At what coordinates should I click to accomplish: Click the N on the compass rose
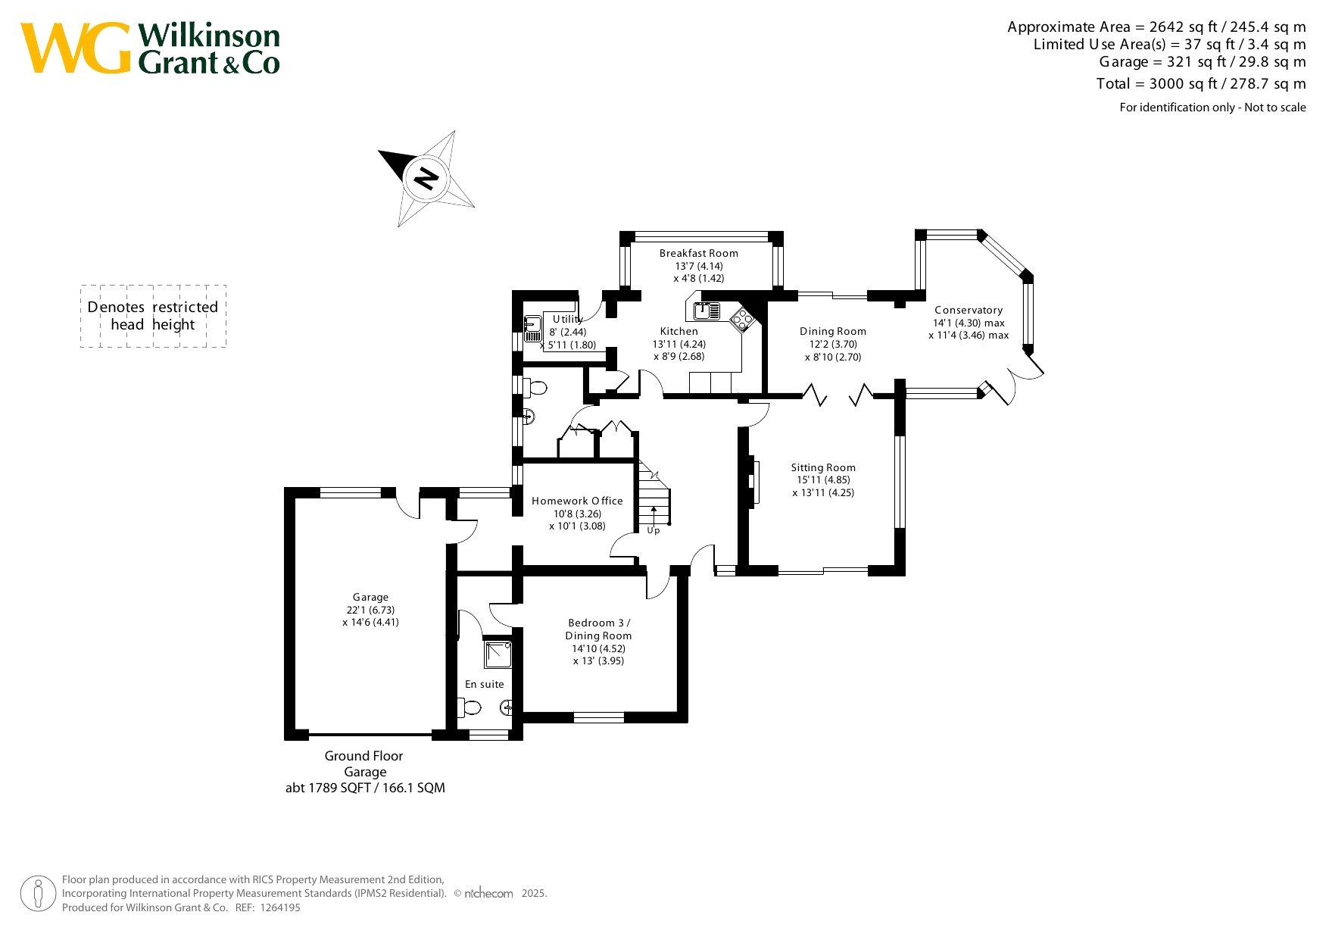pos(427,179)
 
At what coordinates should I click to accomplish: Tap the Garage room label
pos(370,597)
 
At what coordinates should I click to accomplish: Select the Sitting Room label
pos(823,467)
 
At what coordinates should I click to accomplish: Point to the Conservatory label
pos(969,310)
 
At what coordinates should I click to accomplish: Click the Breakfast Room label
pos(698,253)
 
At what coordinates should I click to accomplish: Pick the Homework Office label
pos(577,501)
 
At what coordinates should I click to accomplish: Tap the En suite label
pos(485,684)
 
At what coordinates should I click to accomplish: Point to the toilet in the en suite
pos(470,708)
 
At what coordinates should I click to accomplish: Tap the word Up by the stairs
pos(654,530)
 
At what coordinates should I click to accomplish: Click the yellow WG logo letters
pos(76,48)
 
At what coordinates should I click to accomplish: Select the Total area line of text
pos(1201,83)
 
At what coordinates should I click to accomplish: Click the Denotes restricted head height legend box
pos(154,316)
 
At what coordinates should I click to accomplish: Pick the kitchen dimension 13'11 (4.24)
pos(679,344)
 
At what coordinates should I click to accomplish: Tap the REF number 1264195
pos(280,907)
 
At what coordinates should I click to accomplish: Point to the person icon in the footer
pos(38,894)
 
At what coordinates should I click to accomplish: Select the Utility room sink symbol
pos(532,327)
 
